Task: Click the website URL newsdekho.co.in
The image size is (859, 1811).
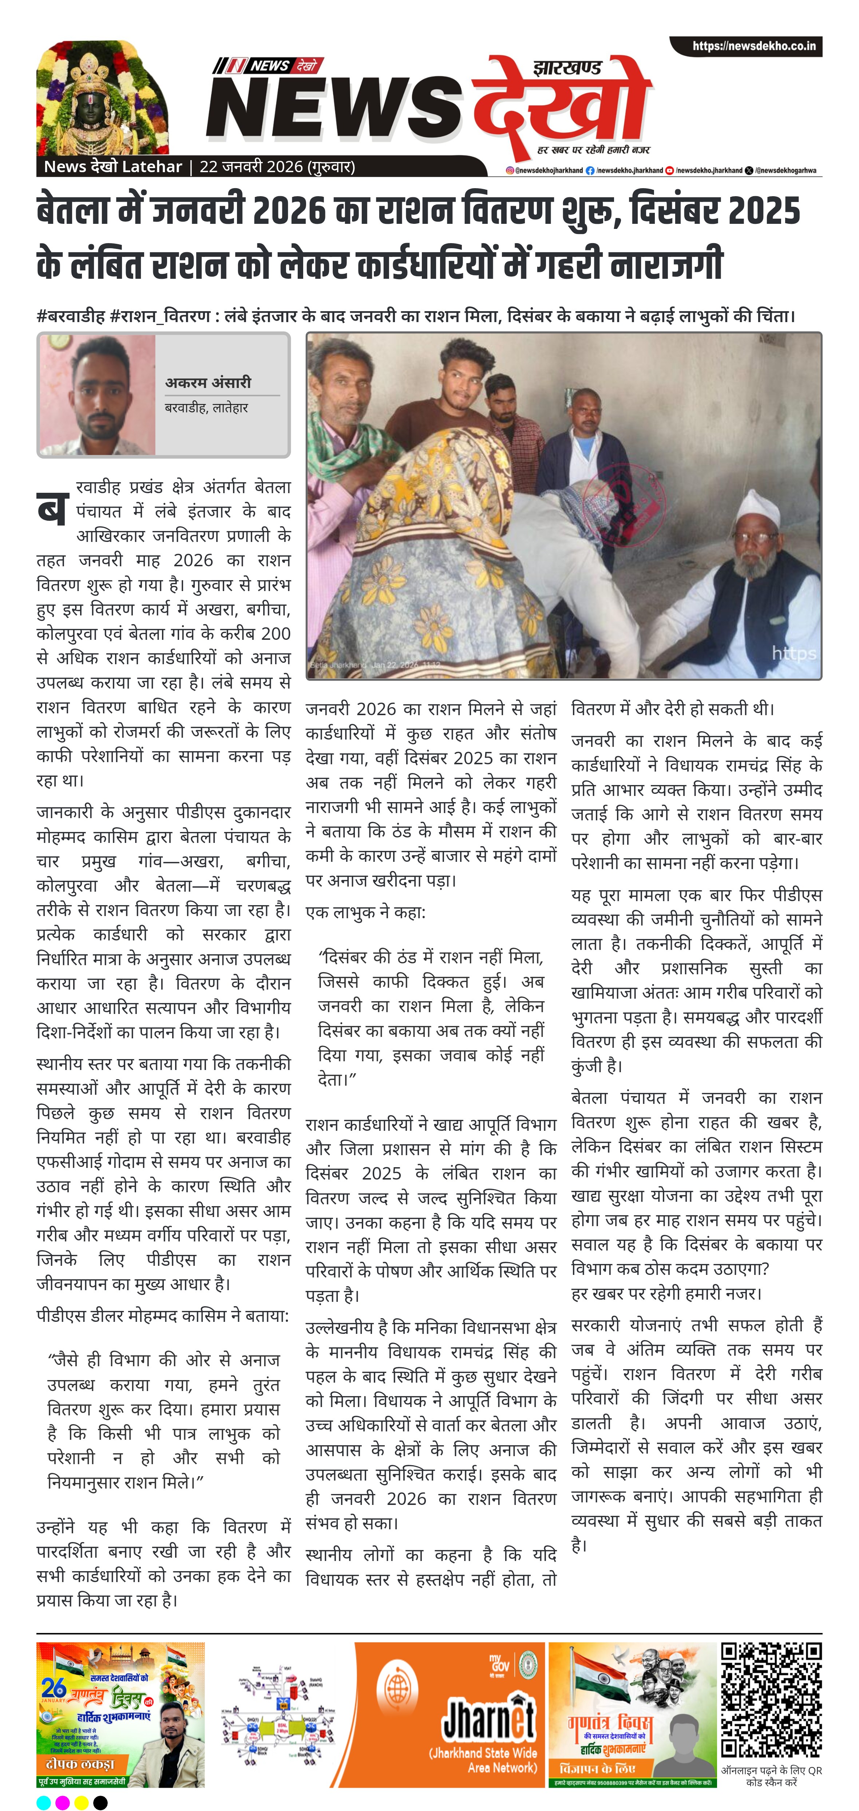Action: click(753, 46)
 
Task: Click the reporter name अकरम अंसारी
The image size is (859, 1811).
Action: click(208, 383)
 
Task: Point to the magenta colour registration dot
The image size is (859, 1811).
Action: click(63, 1802)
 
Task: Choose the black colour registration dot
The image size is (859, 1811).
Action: click(100, 1802)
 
